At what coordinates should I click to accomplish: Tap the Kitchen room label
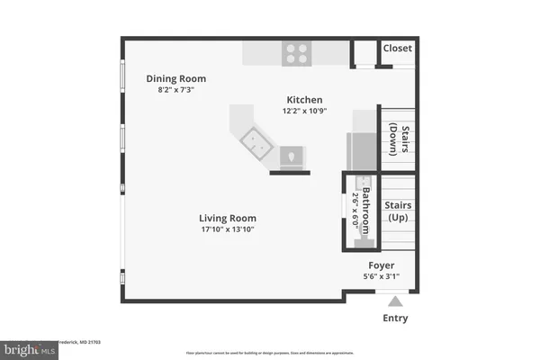(x=304, y=100)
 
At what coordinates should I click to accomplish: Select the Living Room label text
(x=228, y=218)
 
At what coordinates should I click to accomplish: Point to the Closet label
(x=396, y=49)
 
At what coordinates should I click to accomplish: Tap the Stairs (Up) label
(x=399, y=211)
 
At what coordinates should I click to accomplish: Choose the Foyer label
(x=382, y=265)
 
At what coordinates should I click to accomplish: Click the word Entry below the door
(x=395, y=318)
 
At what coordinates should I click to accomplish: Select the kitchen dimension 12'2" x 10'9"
(x=304, y=111)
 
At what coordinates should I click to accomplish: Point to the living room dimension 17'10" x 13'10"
(x=228, y=229)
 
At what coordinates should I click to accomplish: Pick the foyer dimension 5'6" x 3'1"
(x=382, y=277)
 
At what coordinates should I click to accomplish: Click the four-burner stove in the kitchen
(x=296, y=52)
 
